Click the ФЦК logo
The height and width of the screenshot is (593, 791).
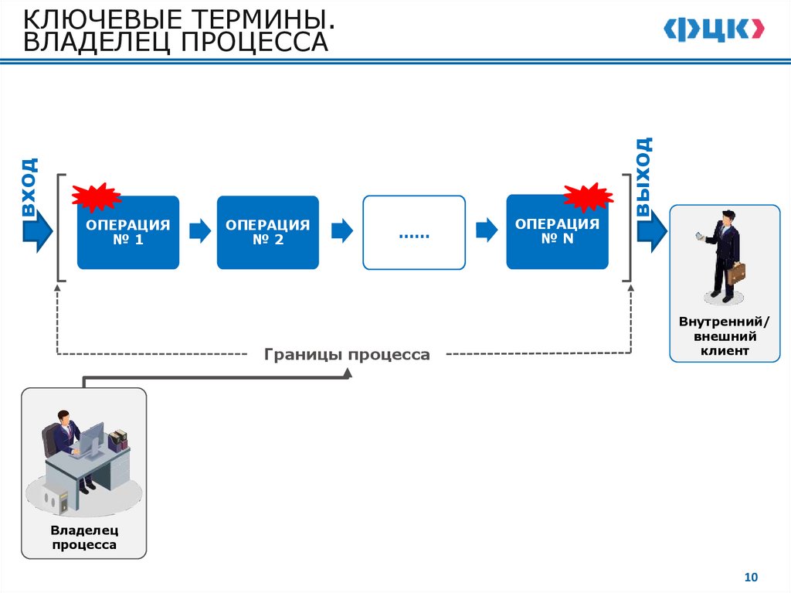coord(713,29)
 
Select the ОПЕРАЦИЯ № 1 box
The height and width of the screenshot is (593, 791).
coord(128,233)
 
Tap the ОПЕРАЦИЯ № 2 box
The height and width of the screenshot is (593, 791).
coord(267,233)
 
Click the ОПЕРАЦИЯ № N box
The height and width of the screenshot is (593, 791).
coord(557,232)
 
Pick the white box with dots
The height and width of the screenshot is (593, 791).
coord(414,233)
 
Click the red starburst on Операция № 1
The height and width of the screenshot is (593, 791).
coord(97,197)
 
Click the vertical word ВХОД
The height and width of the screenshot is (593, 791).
coord(29,187)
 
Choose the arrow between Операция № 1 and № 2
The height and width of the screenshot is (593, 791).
coord(199,230)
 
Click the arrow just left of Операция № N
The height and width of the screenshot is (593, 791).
coord(486,230)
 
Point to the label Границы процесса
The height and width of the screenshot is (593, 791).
coord(347,355)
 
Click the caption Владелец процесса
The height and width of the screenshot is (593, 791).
coord(84,537)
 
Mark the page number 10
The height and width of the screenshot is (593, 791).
coord(751,577)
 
